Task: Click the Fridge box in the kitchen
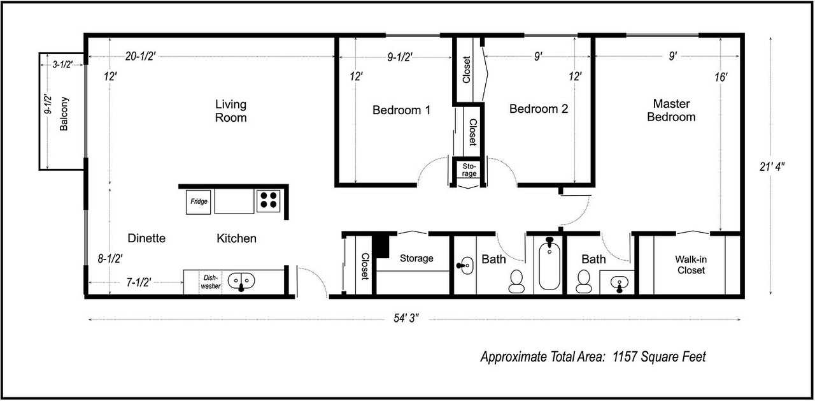click(198, 202)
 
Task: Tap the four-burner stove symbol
click(269, 201)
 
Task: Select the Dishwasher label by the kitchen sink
click(211, 282)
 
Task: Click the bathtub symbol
click(549, 264)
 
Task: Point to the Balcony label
click(64, 113)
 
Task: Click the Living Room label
click(230, 111)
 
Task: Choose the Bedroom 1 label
click(401, 110)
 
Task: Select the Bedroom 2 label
click(539, 109)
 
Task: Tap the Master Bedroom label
click(671, 110)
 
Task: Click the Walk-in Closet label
click(691, 265)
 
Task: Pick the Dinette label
click(146, 238)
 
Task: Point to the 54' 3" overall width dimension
click(406, 318)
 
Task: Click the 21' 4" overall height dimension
click(772, 167)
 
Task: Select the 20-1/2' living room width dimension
click(141, 56)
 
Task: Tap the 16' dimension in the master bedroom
click(721, 77)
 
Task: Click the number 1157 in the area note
click(625, 356)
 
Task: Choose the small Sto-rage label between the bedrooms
click(469, 170)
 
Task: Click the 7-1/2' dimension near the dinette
click(139, 282)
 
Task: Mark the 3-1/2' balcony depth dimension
click(62, 64)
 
